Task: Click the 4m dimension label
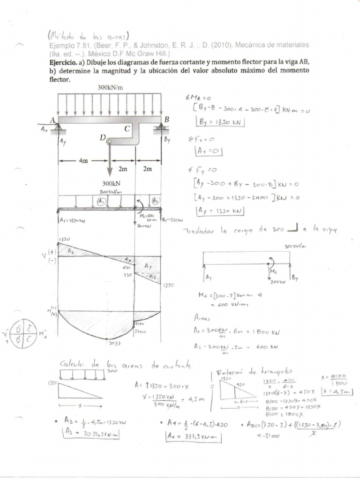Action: coord(83,160)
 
